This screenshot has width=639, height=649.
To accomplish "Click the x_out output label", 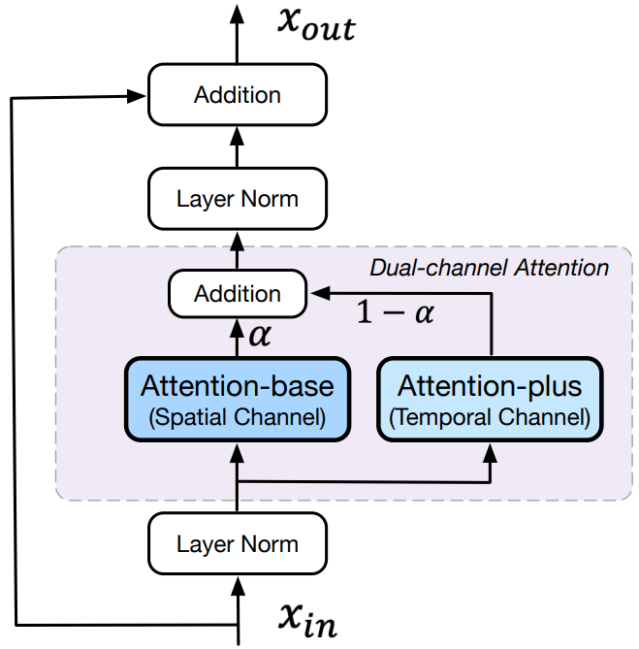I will [316, 25].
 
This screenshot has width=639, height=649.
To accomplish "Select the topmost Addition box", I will [238, 95].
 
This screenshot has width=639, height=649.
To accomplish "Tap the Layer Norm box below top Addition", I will [238, 199].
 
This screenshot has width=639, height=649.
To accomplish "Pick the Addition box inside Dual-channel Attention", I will [238, 293].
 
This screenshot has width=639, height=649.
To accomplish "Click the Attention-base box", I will [238, 400].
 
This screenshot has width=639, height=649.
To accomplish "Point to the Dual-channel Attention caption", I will [490, 267].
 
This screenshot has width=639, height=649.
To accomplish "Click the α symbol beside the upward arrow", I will [261, 336].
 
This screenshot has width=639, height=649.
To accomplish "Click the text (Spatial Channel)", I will [238, 418].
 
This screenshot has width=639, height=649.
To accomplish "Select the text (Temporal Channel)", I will [490, 418].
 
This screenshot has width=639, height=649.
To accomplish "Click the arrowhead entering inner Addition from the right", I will [315, 290].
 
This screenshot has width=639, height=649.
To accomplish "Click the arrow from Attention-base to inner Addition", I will [238, 338].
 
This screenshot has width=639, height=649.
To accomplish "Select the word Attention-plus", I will [490, 386].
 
